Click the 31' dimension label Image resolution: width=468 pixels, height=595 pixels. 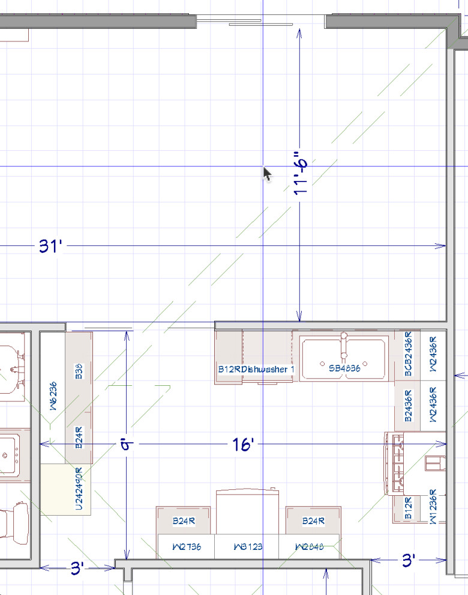[52, 246]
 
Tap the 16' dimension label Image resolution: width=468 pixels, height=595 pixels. [244, 444]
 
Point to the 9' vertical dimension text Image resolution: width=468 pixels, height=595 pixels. [126, 445]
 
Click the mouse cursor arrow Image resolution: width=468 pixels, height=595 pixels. [267, 174]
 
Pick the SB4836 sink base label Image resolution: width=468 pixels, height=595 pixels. [344, 368]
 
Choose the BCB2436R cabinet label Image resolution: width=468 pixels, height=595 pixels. [409, 355]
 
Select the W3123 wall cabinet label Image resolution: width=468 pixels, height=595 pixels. [246, 548]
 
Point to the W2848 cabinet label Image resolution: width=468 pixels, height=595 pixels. [309, 548]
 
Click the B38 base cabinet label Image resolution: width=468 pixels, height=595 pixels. [79, 370]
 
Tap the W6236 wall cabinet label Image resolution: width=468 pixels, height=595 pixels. [53, 397]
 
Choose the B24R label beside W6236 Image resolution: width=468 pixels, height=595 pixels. [79, 438]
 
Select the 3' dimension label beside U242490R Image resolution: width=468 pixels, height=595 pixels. [77, 567]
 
